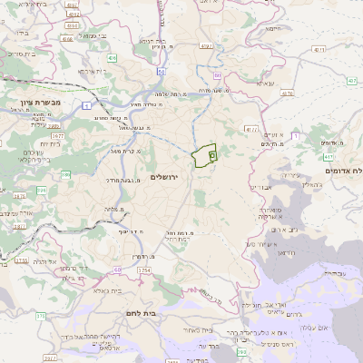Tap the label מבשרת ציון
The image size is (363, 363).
[39, 102]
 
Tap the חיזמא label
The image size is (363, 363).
[273, 28]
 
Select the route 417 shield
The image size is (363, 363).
[327, 158]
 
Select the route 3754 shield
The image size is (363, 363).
[22, 260]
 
